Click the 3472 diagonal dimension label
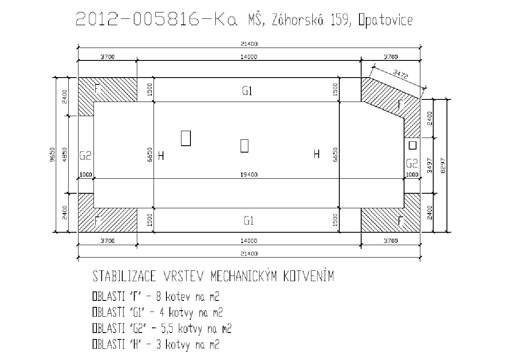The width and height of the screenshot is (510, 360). click(400, 75)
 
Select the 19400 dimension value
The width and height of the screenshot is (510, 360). click(249, 175)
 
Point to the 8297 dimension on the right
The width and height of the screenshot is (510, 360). click(443, 166)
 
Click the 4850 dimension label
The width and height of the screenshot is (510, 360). click(65, 154)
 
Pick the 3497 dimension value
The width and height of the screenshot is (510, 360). click(430, 166)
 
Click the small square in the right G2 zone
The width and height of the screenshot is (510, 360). click(413, 145)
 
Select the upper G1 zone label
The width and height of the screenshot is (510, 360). click(247, 91)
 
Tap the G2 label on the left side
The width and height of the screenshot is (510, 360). click(85, 156)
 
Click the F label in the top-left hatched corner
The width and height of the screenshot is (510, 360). click(97, 88)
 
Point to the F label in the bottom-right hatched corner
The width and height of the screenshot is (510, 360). click(400, 221)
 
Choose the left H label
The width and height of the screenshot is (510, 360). click(161, 156)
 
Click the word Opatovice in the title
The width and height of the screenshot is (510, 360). click(386, 20)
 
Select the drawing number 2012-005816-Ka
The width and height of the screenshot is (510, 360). click(157, 19)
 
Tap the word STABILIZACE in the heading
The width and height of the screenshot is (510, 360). click(124, 276)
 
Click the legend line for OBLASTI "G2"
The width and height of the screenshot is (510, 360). click(162, 328)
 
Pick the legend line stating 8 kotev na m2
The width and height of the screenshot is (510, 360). click(156, 297)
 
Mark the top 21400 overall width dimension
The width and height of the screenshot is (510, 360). click(249, 44)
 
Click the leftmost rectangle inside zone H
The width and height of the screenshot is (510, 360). click(186, 138)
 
